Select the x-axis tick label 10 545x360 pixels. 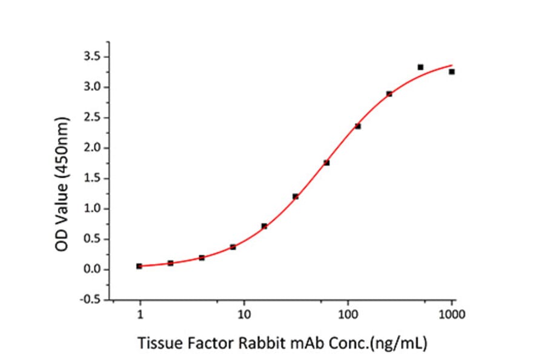pyautogui.click(x=244, y=315)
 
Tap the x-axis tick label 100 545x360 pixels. pyautogui.click(x=348, y=315)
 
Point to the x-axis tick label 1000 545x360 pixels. pyautogui.click(x=452, y=315)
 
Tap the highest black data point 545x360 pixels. pyautogui.click(x=420, y=67)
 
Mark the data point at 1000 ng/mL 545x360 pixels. pyautogui.click(x=452, y=72)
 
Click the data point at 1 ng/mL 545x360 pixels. pyautogui.click(x=139, y=266)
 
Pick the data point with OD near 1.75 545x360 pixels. pyautogui.click(x=326, y=162)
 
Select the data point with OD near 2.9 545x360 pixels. pyautogui.click(x=389, y=94)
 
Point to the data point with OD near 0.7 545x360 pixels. pyautogui.click(x=264, y=226)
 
